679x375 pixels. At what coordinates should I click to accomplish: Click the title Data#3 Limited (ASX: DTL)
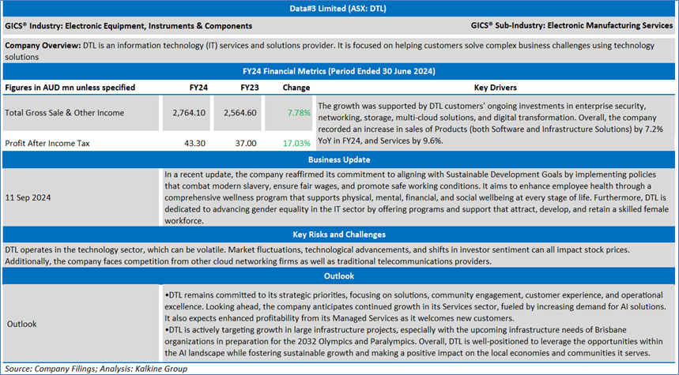(339, 9)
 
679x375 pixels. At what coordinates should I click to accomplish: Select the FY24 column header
(199, 87)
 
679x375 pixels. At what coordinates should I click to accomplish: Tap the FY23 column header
(250, 87)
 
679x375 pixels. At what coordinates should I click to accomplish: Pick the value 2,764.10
(189, 113)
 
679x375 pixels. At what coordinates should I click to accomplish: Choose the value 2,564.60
(241, 113)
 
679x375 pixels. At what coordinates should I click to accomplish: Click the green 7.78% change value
(299, 113)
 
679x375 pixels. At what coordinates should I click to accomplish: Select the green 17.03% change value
(296, 144)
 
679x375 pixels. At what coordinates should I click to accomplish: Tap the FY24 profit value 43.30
(194, 144)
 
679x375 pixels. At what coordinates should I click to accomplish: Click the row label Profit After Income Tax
(50, 144)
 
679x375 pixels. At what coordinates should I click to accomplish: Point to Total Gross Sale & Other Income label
(64, 113)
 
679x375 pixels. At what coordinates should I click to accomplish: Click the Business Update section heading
(339, 159)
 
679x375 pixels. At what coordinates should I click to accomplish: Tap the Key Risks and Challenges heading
(339, 234)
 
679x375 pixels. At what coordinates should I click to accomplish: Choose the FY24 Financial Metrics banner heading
(339, 71)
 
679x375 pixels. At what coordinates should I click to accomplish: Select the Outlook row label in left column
(23, 324)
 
